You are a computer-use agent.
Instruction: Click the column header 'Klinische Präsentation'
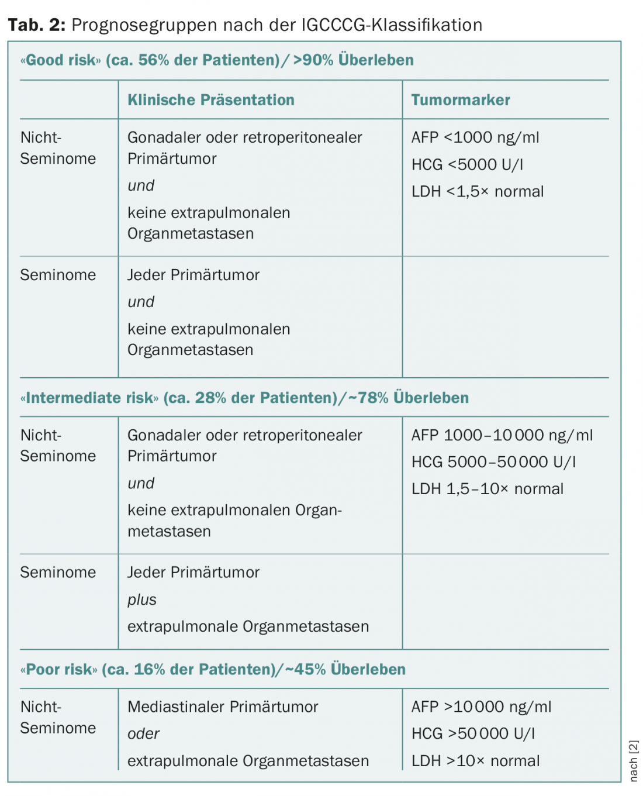[210, 100]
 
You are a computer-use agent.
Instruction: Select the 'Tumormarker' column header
[460, 100]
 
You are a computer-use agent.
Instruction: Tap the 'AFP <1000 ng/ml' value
[475, 137]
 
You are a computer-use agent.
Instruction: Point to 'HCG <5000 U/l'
[467, 165]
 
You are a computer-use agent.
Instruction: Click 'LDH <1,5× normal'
[477, 192]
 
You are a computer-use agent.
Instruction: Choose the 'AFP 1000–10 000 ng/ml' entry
[502, 435]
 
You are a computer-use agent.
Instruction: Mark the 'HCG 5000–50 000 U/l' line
[493, 462]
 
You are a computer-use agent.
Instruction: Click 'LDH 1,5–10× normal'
[487, 489]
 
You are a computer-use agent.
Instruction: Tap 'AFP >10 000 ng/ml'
[480, 707]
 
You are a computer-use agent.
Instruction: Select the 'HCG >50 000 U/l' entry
[472, 734]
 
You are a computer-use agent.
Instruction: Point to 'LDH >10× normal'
[475, 761]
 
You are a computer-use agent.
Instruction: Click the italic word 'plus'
[142, 599]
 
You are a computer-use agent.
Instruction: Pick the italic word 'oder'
[143, 734]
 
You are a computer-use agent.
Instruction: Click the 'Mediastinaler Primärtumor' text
[223, 707]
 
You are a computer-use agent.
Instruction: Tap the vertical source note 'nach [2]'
[634, 761]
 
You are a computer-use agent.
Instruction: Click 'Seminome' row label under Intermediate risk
[58, 573]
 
